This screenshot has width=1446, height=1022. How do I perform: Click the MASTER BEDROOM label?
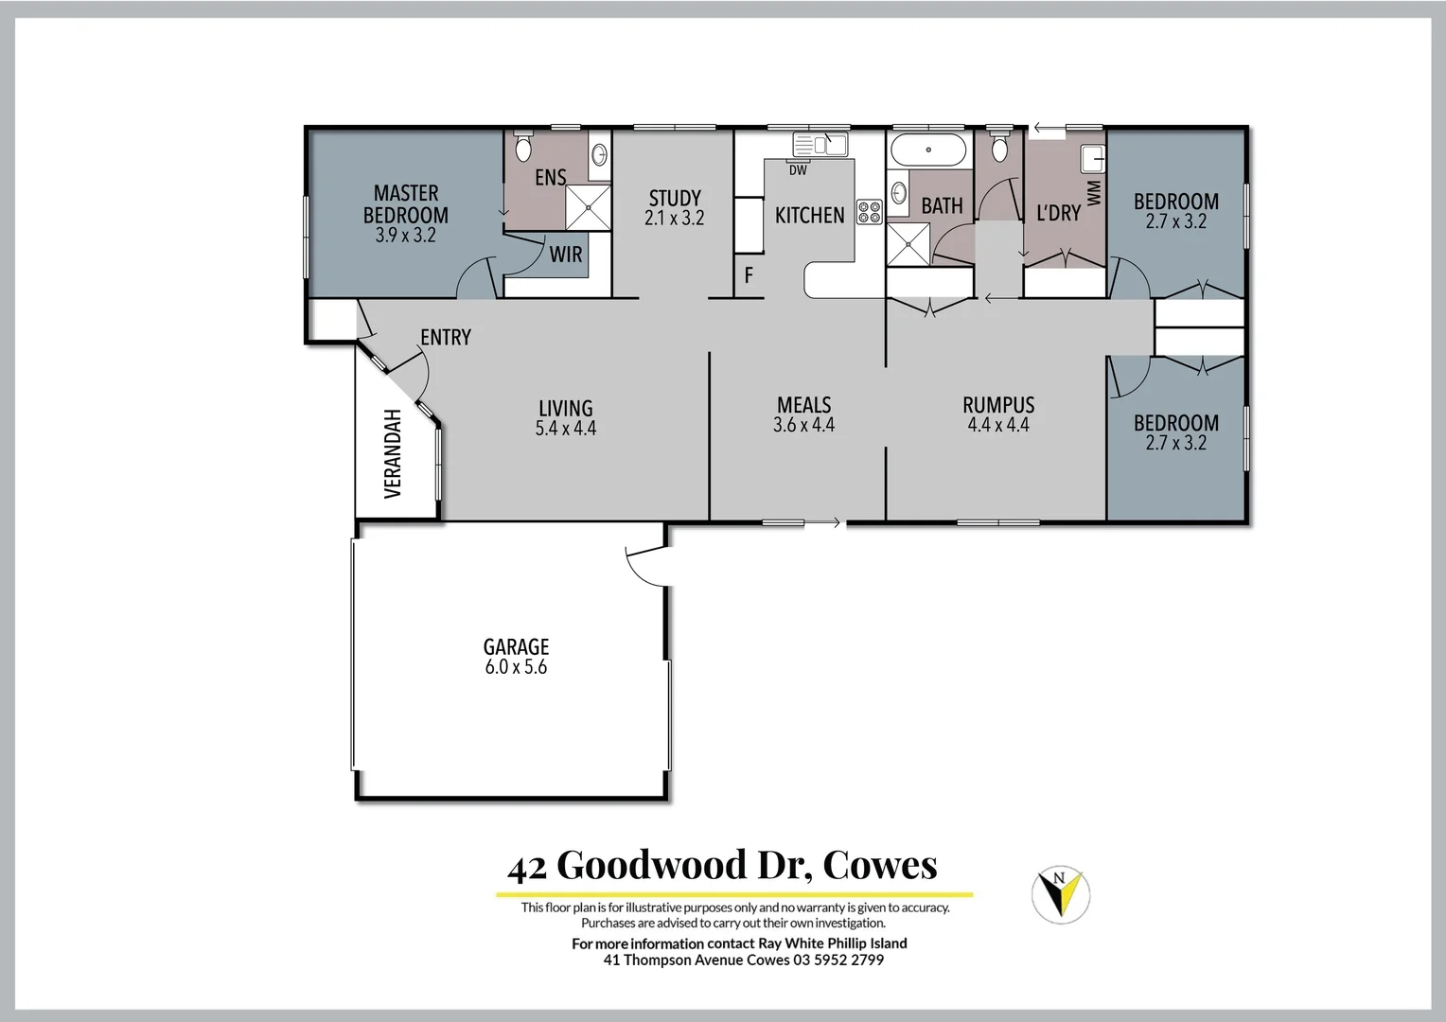[406, 204]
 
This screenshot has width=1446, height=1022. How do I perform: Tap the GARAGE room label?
[516, 647]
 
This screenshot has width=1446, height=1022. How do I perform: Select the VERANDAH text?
[394, 453]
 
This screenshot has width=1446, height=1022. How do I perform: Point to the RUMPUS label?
[998, 405]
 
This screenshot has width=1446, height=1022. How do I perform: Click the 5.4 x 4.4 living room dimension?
[566, 429]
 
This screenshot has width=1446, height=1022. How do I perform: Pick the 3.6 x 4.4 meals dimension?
[803, 426]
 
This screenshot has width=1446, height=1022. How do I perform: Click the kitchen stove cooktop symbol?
[870, 212]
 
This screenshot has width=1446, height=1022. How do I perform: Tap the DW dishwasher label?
[798, 170]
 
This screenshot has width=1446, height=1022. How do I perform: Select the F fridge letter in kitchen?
[749, 276]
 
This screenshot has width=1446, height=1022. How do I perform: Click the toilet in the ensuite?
[522, 147]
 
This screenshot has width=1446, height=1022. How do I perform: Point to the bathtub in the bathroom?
[928, 150]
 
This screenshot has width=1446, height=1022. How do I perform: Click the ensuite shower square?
[588, 207]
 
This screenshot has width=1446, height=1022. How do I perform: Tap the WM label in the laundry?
[1095, 193]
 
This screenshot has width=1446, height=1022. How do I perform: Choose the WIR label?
[566, 255]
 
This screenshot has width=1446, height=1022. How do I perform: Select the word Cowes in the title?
[880, 865]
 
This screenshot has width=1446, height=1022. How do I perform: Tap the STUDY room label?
[675, 198]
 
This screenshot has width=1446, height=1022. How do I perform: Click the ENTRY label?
[446, 337]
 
